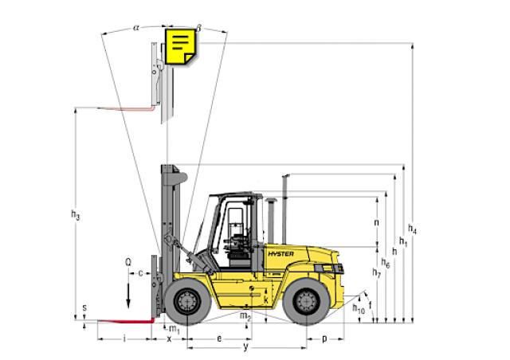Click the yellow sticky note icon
point(180,47)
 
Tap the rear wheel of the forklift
point(309,302)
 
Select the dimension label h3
point(75,214)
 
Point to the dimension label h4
point(413,230)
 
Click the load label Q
point(127,260)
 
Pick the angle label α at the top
point(136,26)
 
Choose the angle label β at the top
point(198,26)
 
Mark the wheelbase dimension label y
point(247,348)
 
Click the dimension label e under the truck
point(219,338)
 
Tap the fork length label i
point(125,338)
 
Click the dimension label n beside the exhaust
point(375,223)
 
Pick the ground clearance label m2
point(245,316)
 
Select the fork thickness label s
point(84,307)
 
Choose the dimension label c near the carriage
point(141,273)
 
